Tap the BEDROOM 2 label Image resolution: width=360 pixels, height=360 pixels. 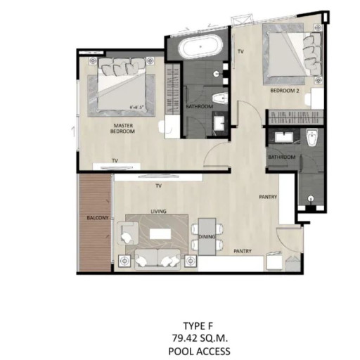(285, 91)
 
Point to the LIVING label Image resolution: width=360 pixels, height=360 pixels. (157, 210)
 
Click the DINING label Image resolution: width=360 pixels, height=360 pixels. (207, 237)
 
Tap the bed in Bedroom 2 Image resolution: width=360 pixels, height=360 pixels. (292, 56)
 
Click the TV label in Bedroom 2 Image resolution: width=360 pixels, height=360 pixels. (240, 52)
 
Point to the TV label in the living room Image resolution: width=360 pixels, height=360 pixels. (159, 187)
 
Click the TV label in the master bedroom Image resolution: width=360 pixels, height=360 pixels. (114, 160)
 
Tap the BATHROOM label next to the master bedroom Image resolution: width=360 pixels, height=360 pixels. (199, 107)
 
